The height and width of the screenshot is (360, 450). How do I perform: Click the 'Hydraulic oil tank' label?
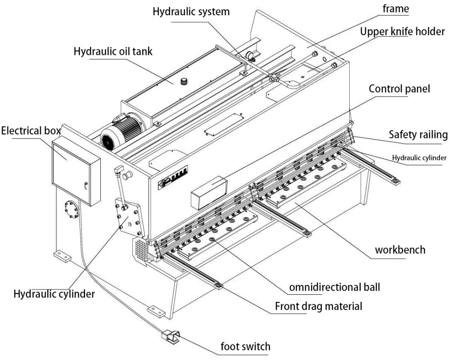pyautogui.click(x=113, y=51)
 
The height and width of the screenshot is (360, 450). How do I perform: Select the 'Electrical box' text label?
pyautogui.click(x=30, y=131)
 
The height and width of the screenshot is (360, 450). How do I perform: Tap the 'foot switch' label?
pyautogui.click(x=245, y=346)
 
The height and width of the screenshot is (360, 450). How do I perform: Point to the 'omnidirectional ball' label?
pyautogui.click(x=334, y=287)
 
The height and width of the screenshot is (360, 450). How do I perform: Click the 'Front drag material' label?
pyautogui.click(x=319, y=307)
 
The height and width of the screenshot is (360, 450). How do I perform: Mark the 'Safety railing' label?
pyautogui.click(x=418, y=134)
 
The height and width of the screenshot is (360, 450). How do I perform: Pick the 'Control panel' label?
pyautogui.click(x=400, y=89)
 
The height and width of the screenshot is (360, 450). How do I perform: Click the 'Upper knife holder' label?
pyautogui.click(x=402, y=32)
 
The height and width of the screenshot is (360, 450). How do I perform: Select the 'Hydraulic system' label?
pyautogui.click(x=191, y=12)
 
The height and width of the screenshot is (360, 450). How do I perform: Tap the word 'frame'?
pyautogui.click(x=395, y=8)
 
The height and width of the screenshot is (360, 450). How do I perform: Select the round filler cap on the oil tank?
pyautogui.click(x=184, y=81)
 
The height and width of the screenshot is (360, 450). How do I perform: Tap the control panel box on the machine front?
pyautogui.click(x=208, y=192)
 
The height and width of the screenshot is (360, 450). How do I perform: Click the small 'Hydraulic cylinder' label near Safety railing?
pyautogui.click(x=419, y=157)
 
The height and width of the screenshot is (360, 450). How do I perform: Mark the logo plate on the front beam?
pyautogui.click(x=172, y=176)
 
